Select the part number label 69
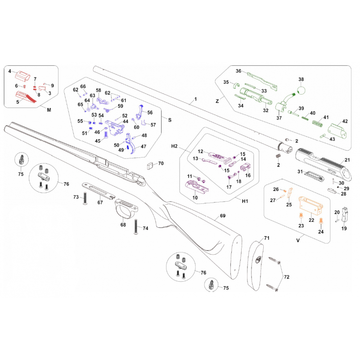point(223,216)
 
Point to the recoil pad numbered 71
point(255,265)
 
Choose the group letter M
point(49,110)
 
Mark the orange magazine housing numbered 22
point(310,206)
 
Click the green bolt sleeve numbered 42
point(337,131)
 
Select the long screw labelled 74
point(136,227)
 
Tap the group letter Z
point(217,101)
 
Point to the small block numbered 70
point(150,166)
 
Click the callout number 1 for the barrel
point(196,99)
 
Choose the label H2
point(175,146)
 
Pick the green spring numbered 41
point(318,123)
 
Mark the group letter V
point(298,240)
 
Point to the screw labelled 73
point(85,198)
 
